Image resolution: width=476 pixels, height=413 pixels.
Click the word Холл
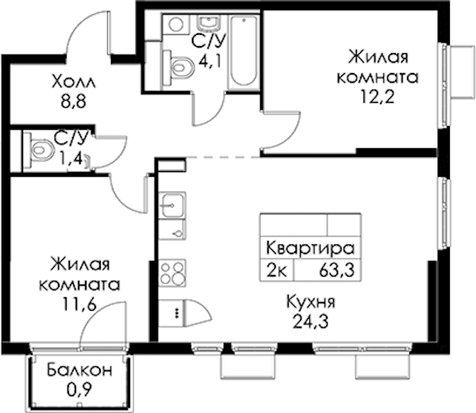click(74, 82)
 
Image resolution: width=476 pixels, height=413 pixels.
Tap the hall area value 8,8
click(74, 101)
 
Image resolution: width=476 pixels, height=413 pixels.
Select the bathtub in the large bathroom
click(244, 50)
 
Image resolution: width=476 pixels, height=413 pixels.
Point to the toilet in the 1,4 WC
click(38, 150)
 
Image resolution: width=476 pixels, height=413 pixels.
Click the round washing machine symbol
click(176, 25)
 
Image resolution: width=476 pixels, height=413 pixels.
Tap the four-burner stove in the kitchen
click(172, 273)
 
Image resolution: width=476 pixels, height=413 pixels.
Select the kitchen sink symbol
click(172, 205)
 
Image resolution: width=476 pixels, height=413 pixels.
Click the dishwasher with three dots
click(172, 313)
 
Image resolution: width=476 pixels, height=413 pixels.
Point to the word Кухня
click(310, 302)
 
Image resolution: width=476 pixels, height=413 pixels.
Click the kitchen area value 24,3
click(310, 321)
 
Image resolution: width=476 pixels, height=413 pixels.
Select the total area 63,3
click(336, 270)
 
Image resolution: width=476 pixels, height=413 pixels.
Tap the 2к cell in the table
click(276, 270)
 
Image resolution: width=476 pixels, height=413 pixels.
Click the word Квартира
click(310, 248)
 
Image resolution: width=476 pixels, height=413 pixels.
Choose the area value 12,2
click(378, 97)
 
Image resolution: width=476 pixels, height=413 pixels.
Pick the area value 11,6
click(79, 304)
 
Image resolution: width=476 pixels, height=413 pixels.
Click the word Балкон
click(79, 370)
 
